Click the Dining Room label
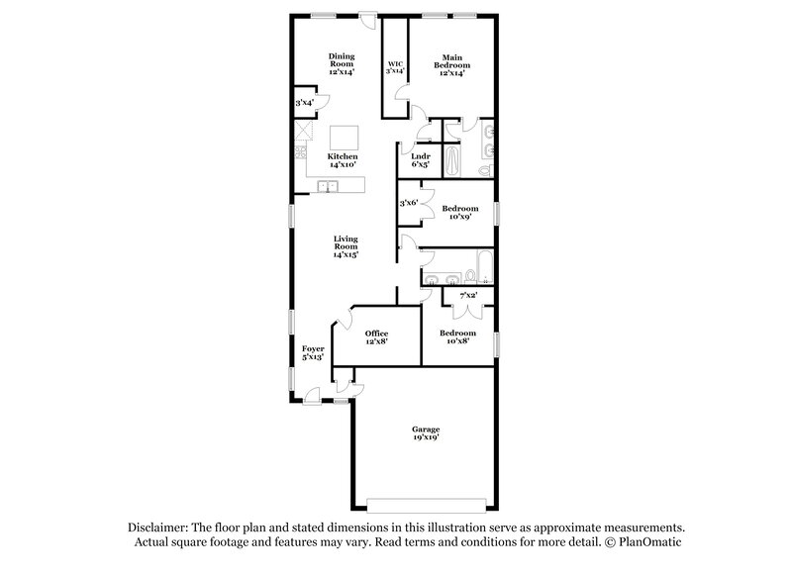click(342, 63)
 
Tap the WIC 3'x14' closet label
click(395, 67)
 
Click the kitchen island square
click(345, 137)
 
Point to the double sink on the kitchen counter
click(328, 187)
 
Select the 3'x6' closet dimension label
click(409, 203)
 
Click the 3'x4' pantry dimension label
click(304, 102)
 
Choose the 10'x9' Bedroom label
click(460, 213)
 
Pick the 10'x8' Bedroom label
click(457, 337)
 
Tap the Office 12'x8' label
click(376, 337)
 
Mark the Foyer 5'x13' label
click(313, 353)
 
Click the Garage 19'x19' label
click(427, 432)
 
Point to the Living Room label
click(346, 246)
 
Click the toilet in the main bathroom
click(484, 170)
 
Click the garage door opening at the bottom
click(427, 499)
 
